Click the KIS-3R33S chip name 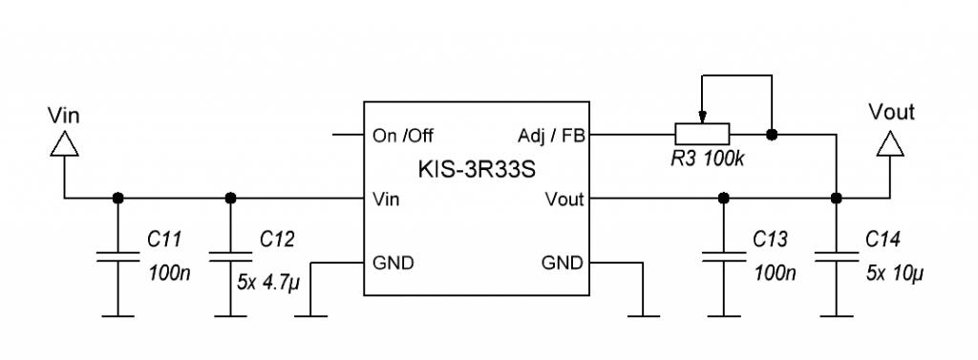[477, 170]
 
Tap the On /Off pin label [402, 136]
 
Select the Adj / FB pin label [551, 136]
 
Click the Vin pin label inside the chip [386, 199]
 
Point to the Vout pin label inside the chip [564, 199]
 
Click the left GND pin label [393, 263]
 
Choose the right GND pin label [563, 263]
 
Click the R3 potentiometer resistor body [702, 134]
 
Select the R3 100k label [708, 159]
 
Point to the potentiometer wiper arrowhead [702, 117]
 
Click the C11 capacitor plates [117, 257]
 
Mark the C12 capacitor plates [230, 257]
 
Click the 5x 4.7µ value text [268, 283]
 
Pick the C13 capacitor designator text [771, 239]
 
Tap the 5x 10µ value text [895, 273]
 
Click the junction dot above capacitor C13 [724, 199]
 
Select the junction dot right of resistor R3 [772, 134]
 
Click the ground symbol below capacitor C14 [837, 316]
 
